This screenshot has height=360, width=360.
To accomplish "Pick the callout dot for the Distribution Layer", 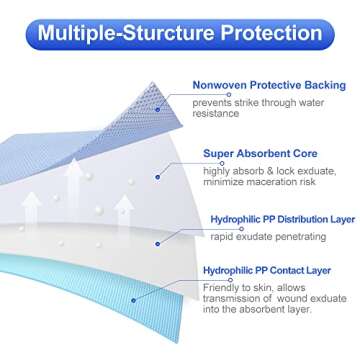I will [x=156, y=240].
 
